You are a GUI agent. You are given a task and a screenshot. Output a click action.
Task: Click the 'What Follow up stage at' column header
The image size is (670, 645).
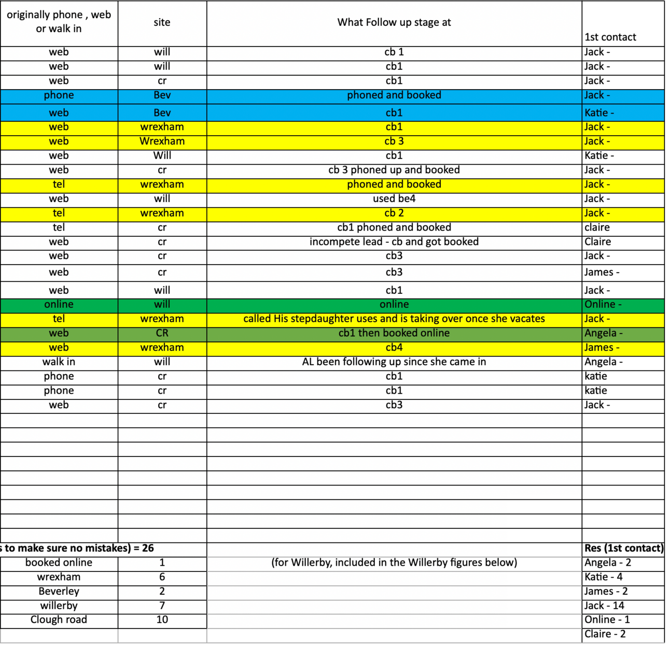click(394, 22)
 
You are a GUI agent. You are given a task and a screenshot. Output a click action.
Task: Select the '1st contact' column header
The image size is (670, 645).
click(610, 37)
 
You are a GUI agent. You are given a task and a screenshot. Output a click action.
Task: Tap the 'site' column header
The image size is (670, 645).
click(162, 22)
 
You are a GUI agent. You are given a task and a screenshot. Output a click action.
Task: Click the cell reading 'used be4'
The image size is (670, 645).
click(394, 198)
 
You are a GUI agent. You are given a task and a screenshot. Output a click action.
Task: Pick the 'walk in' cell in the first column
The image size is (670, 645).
click(59, 362)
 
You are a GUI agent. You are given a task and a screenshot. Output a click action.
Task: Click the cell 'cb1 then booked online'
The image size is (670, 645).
click(394, 333)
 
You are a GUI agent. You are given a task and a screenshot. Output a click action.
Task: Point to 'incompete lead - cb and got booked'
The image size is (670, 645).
click(394, 241)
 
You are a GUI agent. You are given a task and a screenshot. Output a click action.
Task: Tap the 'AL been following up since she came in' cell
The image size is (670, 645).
click(394, 362)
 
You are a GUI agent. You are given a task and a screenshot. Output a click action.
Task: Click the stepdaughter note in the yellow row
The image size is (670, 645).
click(394, 319)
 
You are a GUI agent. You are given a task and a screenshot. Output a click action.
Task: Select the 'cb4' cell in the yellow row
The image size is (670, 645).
click(394, 348)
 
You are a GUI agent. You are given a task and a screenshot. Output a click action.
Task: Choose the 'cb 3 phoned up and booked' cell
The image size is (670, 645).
click(394, 170)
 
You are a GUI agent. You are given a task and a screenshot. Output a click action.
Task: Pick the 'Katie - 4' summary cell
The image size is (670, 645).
click(604, 577)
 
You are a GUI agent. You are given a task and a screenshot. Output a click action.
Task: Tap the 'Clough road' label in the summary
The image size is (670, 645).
click(59, 620)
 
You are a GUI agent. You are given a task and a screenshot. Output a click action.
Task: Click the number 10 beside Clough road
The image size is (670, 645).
click(162, 620)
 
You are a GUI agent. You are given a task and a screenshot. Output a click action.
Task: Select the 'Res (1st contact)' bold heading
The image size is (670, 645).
click(624, 548)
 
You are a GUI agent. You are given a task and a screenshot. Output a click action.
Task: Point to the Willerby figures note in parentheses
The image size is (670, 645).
click(394, 562)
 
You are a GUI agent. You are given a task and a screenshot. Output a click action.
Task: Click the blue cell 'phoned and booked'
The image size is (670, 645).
click(394, 95)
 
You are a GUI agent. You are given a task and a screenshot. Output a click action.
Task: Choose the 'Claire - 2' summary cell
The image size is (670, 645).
click(605, 634)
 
